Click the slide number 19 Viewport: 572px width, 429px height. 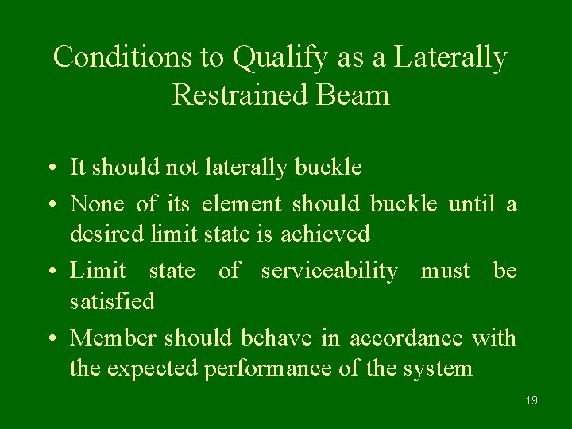531,400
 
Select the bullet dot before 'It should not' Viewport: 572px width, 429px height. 50,168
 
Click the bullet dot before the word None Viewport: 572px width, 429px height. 50,205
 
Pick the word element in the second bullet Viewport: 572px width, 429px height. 242,204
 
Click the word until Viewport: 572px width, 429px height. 474,204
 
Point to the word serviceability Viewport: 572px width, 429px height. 330,272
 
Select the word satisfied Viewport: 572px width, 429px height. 112,301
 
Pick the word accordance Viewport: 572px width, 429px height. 406,338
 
